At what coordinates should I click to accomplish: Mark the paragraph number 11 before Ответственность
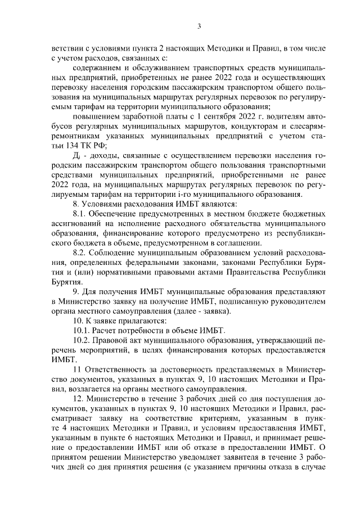(x=78, y=369)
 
